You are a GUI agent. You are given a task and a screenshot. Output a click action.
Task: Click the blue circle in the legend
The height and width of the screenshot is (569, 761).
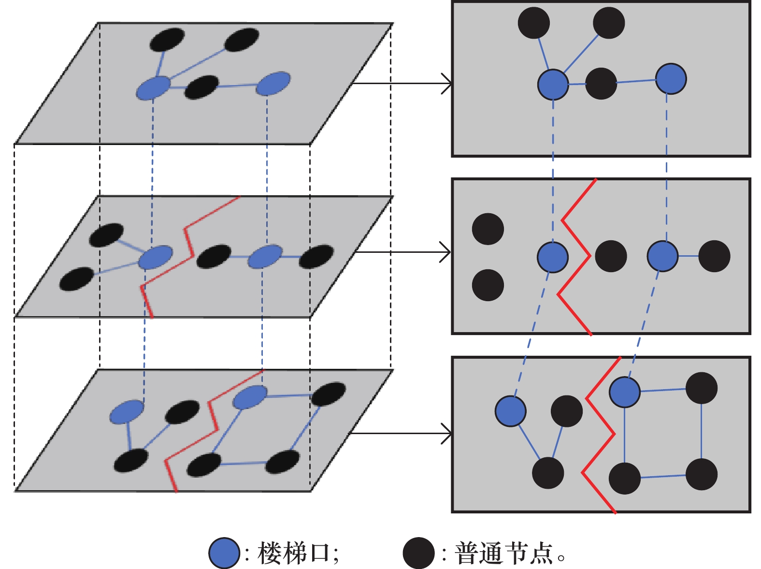[224, 553]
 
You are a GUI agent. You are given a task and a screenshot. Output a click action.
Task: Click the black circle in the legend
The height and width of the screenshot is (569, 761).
[418, 553]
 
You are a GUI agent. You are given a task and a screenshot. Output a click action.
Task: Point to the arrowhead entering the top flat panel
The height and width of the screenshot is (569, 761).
[447, 84]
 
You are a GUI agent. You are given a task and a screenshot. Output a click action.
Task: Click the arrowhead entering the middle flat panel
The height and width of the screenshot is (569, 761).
[445, 252]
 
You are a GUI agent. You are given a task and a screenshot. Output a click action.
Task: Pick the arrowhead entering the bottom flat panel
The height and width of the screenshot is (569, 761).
[447, 433]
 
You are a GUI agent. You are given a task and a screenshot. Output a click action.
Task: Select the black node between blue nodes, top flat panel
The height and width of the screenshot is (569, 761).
[601, 84]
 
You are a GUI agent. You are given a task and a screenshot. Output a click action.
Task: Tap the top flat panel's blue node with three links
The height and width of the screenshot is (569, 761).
[553, 85]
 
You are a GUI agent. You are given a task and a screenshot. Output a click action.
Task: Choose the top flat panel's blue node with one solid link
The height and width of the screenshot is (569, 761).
[671, 79]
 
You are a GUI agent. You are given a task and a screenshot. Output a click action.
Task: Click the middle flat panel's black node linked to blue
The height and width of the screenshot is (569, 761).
[714, 256]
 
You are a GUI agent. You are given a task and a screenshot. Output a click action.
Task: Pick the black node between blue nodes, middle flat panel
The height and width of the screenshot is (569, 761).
[611, 256]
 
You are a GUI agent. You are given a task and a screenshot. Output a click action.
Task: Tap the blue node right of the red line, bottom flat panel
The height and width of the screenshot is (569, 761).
[625, 392]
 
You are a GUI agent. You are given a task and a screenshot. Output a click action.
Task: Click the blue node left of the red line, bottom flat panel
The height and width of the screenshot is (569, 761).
[511, 411]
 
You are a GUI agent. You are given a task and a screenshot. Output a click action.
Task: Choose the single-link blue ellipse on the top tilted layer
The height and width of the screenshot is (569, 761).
[273, 84]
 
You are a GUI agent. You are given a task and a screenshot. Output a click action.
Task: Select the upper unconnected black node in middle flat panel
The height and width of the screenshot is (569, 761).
[488, 229]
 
